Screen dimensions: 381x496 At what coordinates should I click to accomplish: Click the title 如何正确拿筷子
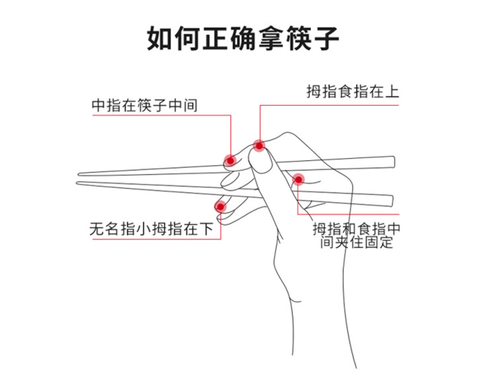click(x=243, y=38)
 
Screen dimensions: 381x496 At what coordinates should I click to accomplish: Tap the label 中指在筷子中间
click(x=145, y=105)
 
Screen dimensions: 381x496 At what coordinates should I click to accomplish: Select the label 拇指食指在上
click(x=352, y=91)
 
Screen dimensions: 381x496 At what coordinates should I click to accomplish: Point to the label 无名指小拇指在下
click(x=151, y=230)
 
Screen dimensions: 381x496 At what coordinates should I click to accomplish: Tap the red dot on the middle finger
click(x=230, y=159)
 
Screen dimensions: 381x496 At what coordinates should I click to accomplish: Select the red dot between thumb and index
click(x=298, y=179)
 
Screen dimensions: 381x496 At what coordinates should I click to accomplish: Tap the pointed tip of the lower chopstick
click(x=79, y=183)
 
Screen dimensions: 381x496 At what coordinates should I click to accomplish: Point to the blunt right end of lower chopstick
click(x=392, y=198)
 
